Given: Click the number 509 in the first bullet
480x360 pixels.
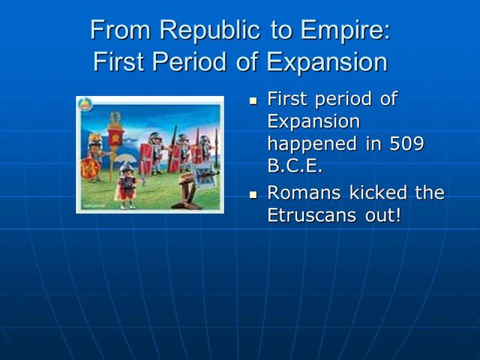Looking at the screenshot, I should pos(406,143).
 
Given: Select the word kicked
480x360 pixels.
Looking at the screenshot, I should pos(382,193).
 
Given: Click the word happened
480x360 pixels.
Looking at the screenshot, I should pos(312,143).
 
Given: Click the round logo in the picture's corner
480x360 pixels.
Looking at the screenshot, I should pos(85,103).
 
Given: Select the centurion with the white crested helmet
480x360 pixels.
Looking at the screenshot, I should pos(128,184).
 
